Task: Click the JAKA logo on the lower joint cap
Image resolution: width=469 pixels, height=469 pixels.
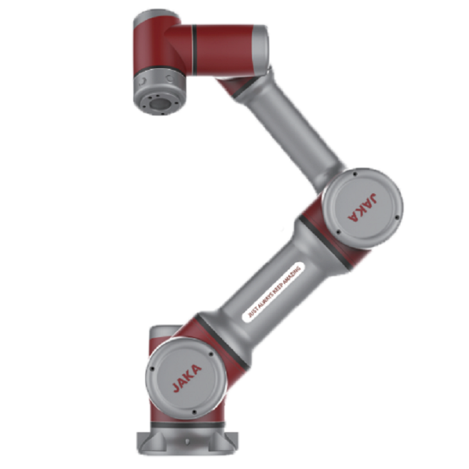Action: pyautogui.click(x=187, y=378)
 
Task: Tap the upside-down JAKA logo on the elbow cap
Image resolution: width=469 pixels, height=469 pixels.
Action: pyautogui.click(x=363, y=207)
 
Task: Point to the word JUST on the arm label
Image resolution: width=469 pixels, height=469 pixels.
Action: pyautogui.click(x=252, y=312)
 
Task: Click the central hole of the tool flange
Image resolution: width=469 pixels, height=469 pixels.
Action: pyautogui.click(x=159, y=103)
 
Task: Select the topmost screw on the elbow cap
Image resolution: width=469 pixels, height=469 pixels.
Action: pyautogui.click(x=355, y=174)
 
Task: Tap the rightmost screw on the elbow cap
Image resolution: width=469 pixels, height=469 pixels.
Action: pyautogui.click(x=397, y=218)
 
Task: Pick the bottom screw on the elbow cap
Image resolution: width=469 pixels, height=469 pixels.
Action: pyautogui.click(x=338, y=232)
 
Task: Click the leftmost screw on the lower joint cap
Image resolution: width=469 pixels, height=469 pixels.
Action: pyautogui.click(x=152, y=369)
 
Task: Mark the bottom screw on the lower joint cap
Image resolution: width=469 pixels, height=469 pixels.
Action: pyautogui.click(x=194, y=412)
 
